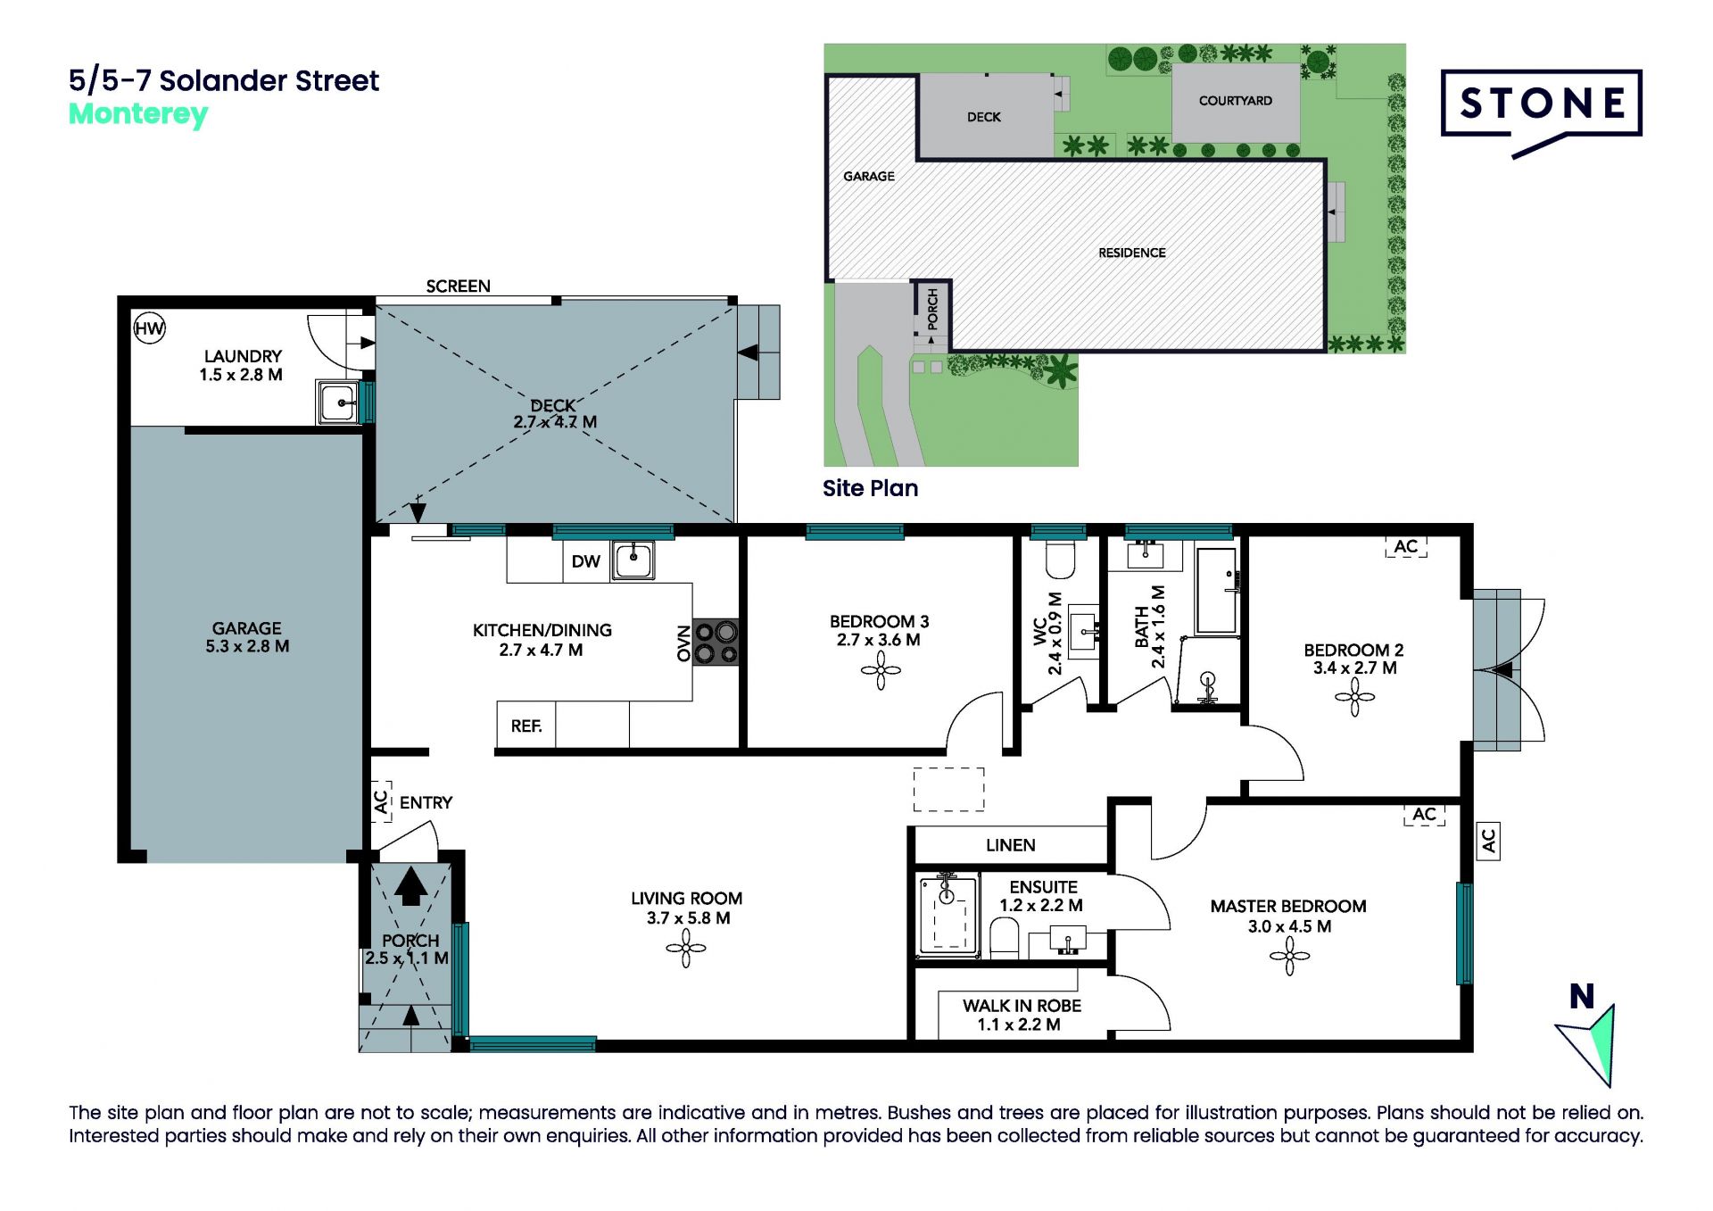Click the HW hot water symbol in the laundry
click(149, 328)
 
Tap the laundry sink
click(338, 402)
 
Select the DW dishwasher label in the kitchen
click(585, 561)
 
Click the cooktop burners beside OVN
click(716, 643)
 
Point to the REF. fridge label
click(526, 726)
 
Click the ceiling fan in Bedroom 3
click(881, 670)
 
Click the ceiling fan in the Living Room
click(686, 948)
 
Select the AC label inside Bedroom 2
click(1406, 546)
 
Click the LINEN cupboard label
click(1011, 845)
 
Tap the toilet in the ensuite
click(1005, 939)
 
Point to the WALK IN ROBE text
click(1022, 1006)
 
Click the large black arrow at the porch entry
click(411, 886)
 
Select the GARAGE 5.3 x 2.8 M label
click(247, 637)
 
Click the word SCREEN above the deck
click(458, 286)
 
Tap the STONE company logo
click(1542, 111)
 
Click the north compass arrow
click(1591, 1045)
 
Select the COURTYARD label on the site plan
click(1236, 101)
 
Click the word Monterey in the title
click(138, 115)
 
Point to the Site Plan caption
click(870, 488)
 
